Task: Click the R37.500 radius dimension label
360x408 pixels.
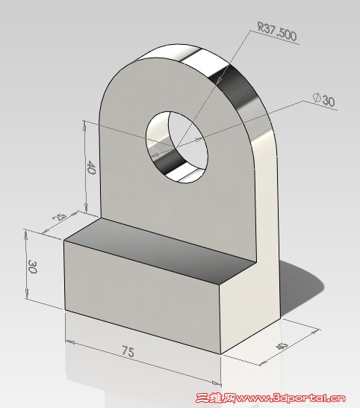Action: (276, 31)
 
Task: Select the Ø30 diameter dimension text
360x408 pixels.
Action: (324, 99)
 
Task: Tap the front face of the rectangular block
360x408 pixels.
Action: (142, 299)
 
